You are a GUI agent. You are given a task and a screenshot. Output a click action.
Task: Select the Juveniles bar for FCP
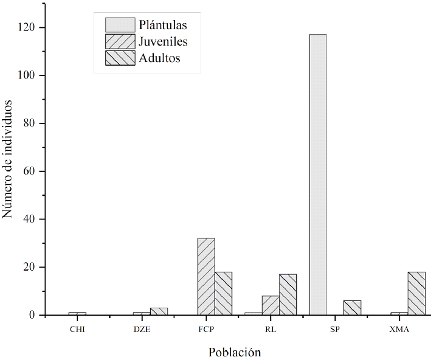(206, 277)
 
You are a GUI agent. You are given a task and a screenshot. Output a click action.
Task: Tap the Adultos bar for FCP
(223, 294)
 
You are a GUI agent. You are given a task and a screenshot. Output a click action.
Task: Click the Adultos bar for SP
(352, 308)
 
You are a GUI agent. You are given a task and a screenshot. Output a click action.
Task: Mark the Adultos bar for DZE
(159, 311)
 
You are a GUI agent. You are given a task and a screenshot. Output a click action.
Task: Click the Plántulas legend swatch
(120, 25)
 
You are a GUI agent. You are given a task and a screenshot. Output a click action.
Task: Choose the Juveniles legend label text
(163, 42)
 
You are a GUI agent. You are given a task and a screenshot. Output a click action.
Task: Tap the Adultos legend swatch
(120, 58)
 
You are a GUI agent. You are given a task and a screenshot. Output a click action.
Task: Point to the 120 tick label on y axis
(28, 27)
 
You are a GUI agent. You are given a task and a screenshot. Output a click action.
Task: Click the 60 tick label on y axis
(30, 171)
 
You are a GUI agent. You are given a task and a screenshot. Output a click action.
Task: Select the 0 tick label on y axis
(33, 315)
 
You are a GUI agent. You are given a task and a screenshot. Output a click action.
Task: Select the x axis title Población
(235, 352)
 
